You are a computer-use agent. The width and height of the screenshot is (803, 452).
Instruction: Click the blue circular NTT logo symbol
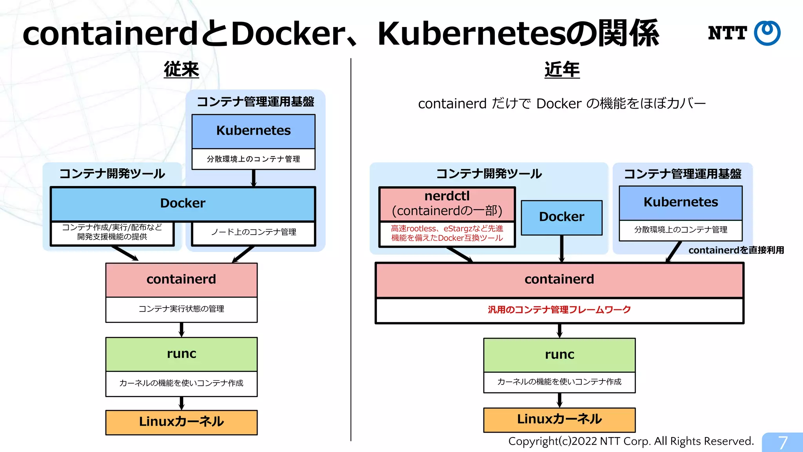tap(767, 33)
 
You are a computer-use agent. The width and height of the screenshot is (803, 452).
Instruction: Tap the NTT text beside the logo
tap(727, 33)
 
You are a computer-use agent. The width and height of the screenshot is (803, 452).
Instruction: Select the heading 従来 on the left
tap(181, 70)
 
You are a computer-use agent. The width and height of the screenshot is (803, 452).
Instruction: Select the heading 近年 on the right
tap(562, 70)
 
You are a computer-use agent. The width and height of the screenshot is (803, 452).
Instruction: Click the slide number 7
tap(783, 443)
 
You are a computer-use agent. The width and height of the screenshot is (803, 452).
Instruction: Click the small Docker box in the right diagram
tap(561, 217)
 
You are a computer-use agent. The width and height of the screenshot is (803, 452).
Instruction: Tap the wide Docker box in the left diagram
tap(183, 204)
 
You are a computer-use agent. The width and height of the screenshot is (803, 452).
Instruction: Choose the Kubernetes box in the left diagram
tap(253, 131)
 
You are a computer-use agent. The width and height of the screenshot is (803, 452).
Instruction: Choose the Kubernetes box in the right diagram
tap(681, 202)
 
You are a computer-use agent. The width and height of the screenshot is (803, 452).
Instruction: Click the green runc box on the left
tap(181, 354)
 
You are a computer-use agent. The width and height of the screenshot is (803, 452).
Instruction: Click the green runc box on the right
tap(559, 355)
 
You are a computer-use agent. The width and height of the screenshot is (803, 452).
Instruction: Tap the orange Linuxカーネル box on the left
tap(181, 422)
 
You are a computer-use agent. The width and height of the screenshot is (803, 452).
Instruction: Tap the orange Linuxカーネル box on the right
tap(559, 419)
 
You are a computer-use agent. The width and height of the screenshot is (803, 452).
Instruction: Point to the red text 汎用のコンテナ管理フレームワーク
tap(559, 310)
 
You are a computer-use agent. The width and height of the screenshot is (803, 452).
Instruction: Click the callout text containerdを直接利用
tap(736, 250)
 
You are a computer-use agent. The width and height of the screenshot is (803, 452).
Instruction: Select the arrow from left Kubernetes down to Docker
tap(254, 178)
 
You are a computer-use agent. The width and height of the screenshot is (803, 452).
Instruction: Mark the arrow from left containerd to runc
tap(182, 330)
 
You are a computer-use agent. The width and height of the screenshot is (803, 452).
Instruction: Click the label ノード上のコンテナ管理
tap(253, 232)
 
